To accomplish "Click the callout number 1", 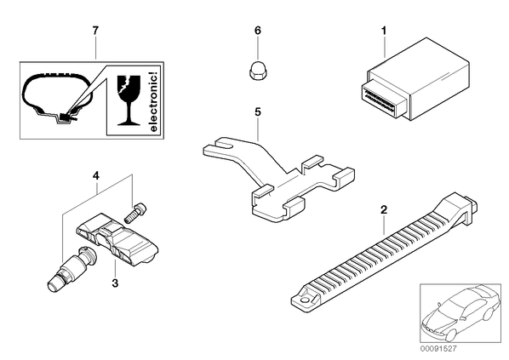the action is click(x=384, y=31).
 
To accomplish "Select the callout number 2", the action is click(x=384, y=209).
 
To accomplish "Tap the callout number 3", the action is click(x=115, y=283).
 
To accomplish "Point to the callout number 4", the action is click(x=95, y=176).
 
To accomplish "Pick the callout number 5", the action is click(x=257, y=112).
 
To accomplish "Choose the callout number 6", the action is click(x=257, y=31).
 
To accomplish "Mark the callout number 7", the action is click(x=95, y=31).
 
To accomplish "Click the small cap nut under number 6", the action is click(x=257, y=70).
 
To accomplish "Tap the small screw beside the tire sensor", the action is click(x=135, y=213).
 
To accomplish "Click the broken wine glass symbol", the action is click(x=129, y=100).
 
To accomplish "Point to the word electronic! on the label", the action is click(x=153, y=102).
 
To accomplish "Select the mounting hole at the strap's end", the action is click(x=306, y=300).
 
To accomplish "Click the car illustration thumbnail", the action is click(x=460, y=313).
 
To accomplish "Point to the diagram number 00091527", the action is click(x=438, y=349).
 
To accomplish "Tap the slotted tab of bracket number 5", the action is click(x=219, y=147).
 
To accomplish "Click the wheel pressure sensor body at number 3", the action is click(x=117, y=240).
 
